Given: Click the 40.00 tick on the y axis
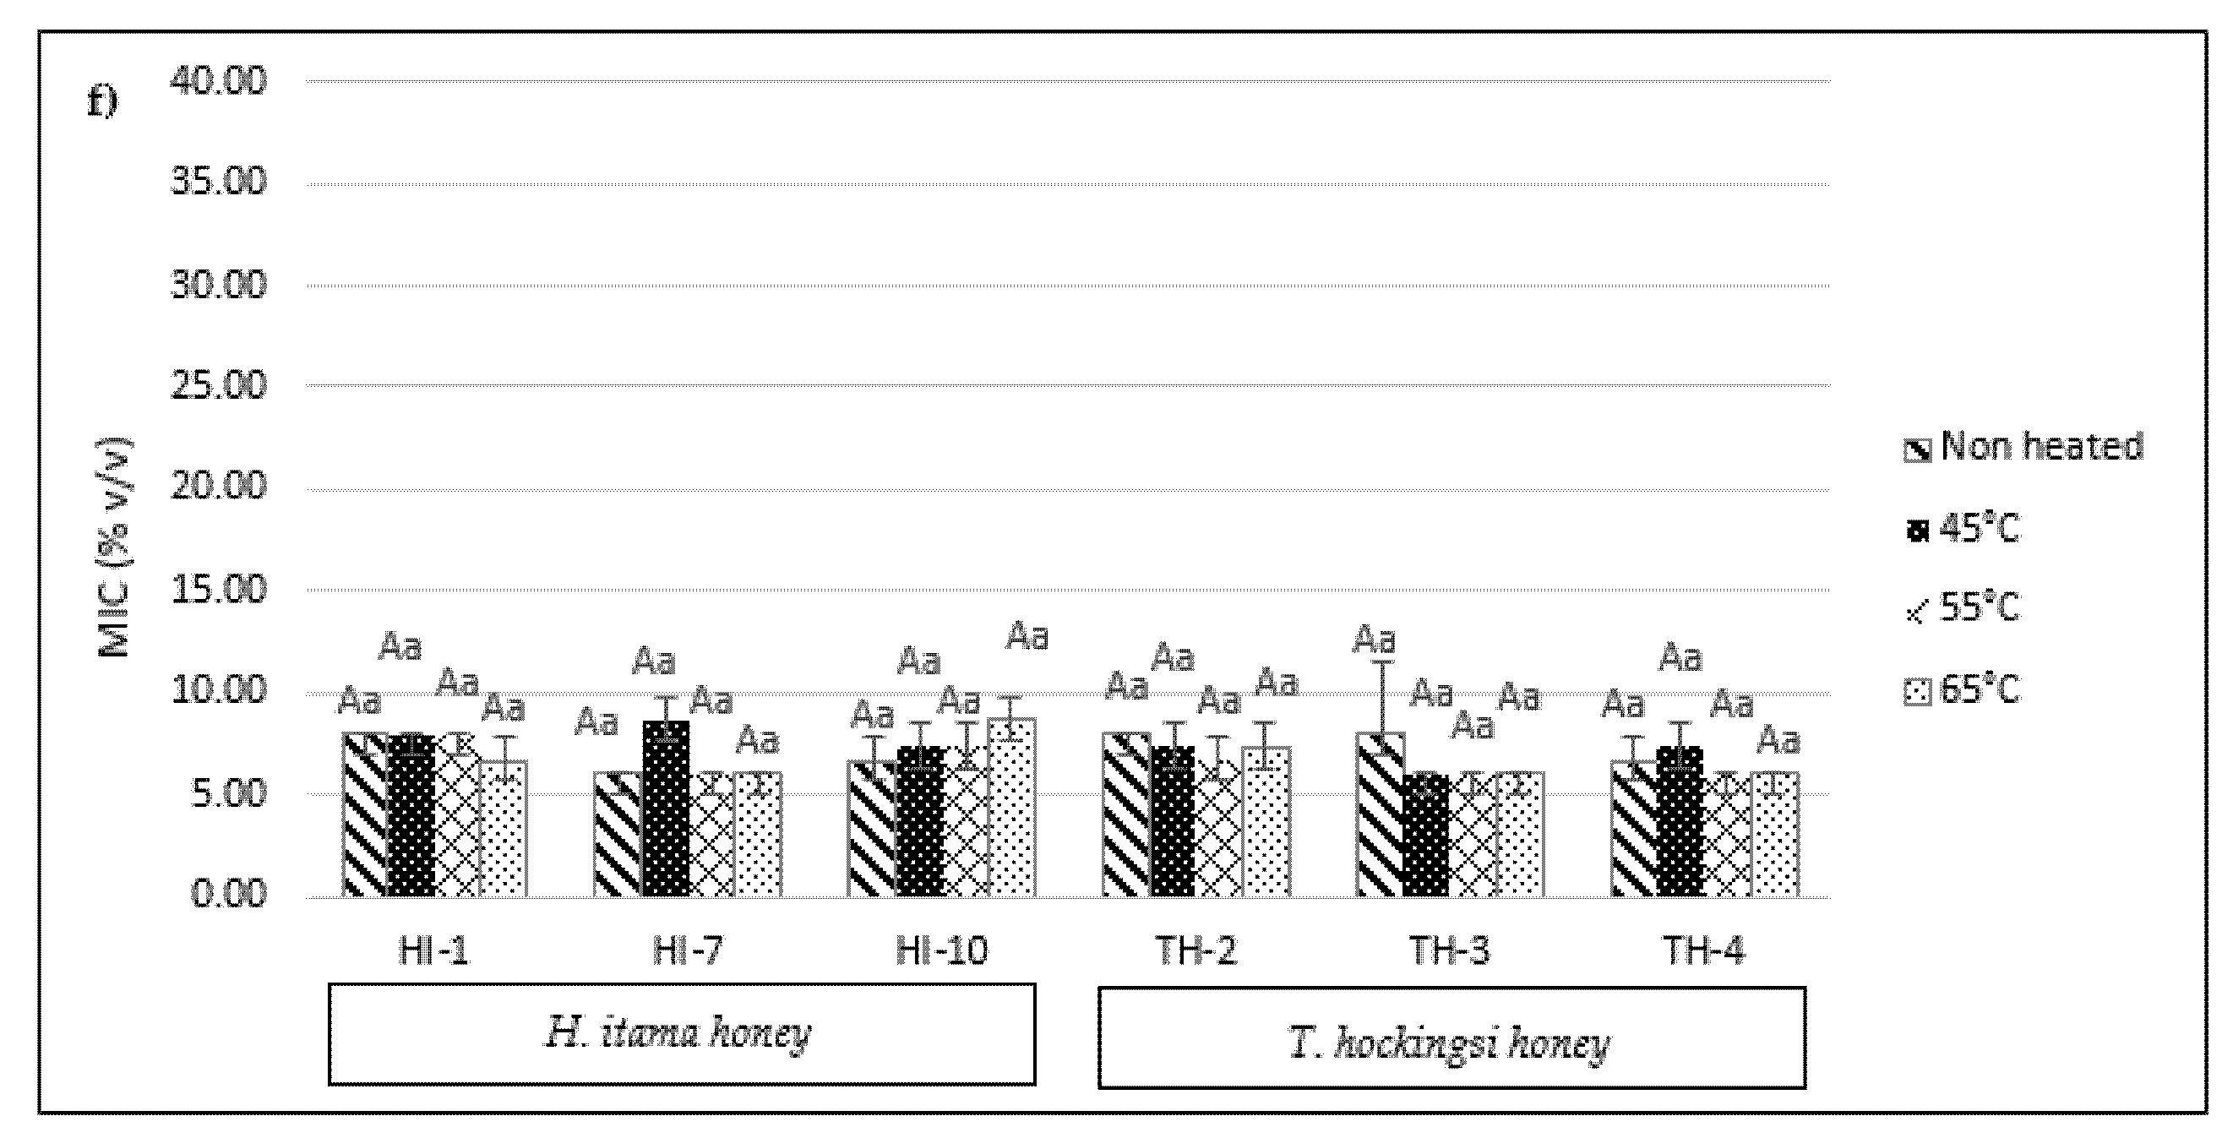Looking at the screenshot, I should coord(219,81).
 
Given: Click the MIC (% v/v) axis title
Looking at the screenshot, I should coord(115,548).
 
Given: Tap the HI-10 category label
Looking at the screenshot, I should coord(940,951).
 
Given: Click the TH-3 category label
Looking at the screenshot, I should coord(1449,951).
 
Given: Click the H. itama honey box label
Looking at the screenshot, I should coord(681,1034).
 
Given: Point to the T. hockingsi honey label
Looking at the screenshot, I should coord(1451,1044).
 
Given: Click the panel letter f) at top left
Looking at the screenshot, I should coord(102,103).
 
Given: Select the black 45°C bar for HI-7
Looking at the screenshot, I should coord(666,810).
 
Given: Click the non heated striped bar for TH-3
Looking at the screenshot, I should coord(1380,814).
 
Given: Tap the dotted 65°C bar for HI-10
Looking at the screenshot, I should coord(1010,808).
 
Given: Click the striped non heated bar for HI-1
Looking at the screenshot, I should coord(365,814).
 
